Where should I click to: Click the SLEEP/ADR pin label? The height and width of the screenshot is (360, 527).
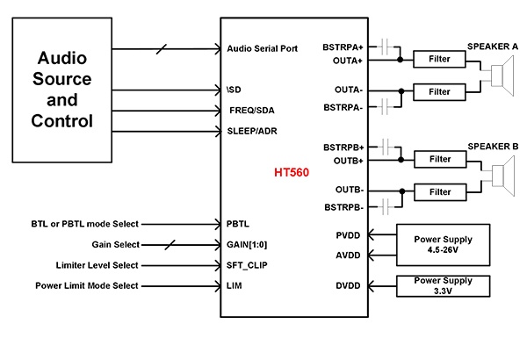(x=255, y=131)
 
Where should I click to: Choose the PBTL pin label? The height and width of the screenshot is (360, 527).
(x=238, y=224)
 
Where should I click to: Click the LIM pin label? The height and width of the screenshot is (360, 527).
(x=235, y=286)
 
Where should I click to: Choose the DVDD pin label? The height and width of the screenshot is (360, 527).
(x=350, y=286)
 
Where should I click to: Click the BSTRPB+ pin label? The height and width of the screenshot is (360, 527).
(x=342, y=147)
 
